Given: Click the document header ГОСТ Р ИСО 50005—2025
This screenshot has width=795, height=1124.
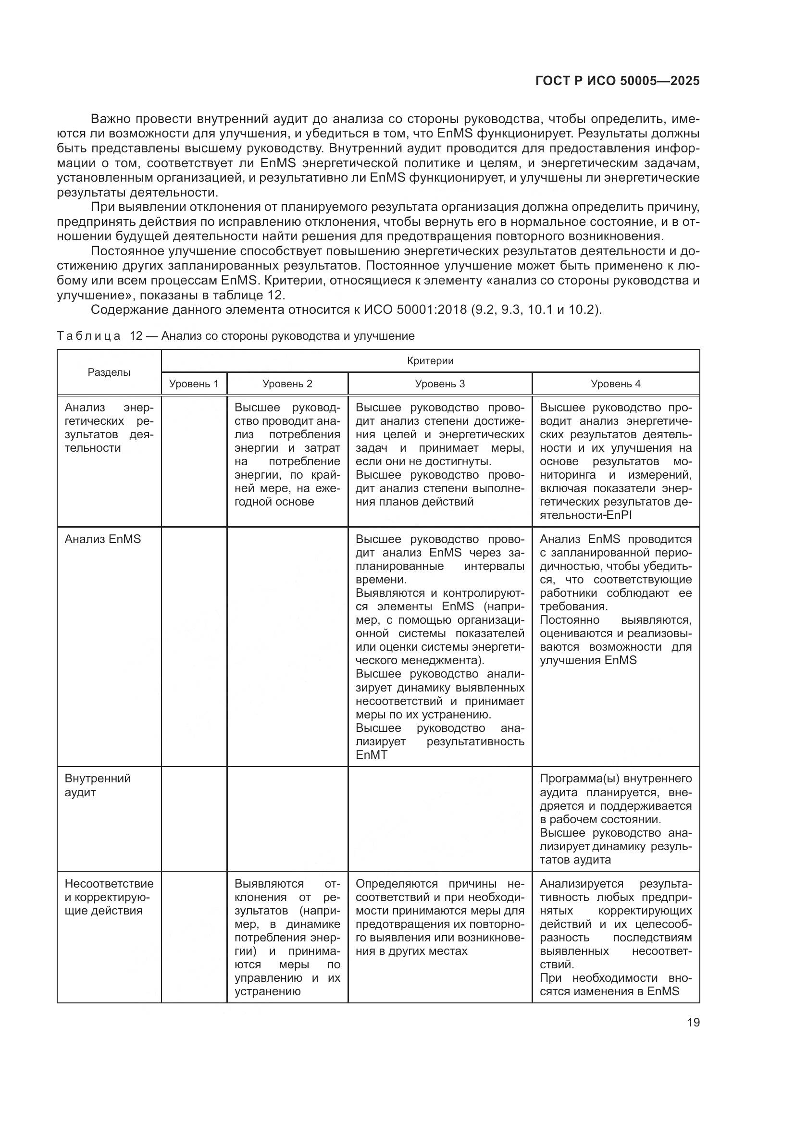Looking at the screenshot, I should [617, 81].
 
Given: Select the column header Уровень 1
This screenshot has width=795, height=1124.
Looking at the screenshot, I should [194, 384].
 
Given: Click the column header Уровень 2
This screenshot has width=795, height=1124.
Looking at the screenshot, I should [287, 384].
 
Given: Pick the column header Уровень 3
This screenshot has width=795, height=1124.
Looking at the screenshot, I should [440, 384].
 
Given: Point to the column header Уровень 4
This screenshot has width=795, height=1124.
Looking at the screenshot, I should [615, 384].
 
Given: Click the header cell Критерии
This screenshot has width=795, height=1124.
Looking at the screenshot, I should [430, 361].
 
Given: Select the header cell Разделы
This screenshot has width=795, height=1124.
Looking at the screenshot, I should [109, 372].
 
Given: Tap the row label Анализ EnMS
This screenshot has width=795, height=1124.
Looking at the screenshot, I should [103, 540].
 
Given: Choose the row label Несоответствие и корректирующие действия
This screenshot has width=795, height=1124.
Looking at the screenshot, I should [109, 897].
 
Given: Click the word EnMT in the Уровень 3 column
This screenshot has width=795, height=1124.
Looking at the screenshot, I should [371, 755].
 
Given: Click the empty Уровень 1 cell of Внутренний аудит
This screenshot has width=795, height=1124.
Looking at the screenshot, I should [194, 818].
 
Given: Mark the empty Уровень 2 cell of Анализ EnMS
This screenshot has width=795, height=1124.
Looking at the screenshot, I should [287, 646].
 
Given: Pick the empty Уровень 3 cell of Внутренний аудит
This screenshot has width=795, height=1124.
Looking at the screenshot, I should [440, 818].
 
